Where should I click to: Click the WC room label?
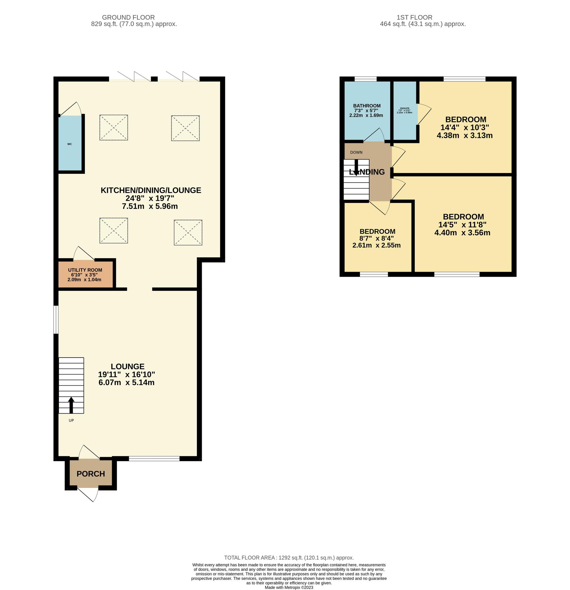[69, 144]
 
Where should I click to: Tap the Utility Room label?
[85, 270]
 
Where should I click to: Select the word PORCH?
[91, 474]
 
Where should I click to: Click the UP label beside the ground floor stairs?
[71, 420]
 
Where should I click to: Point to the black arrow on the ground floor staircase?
[71, 405]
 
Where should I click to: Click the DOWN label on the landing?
[356, 152]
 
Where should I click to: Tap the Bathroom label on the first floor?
[367, 106]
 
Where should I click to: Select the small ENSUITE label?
[405, 108]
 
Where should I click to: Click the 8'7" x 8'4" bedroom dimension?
[377, 238]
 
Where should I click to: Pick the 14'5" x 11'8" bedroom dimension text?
[462, 225]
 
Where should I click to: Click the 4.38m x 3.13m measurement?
[464, 135]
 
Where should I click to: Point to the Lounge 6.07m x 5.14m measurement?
[126, 383]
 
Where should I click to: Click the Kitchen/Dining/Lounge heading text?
[151, 190]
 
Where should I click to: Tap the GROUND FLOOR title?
[128, 17]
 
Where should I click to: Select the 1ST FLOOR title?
[414, 17]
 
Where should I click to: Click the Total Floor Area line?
[289, 558]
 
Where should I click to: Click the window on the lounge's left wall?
[56, 320]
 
